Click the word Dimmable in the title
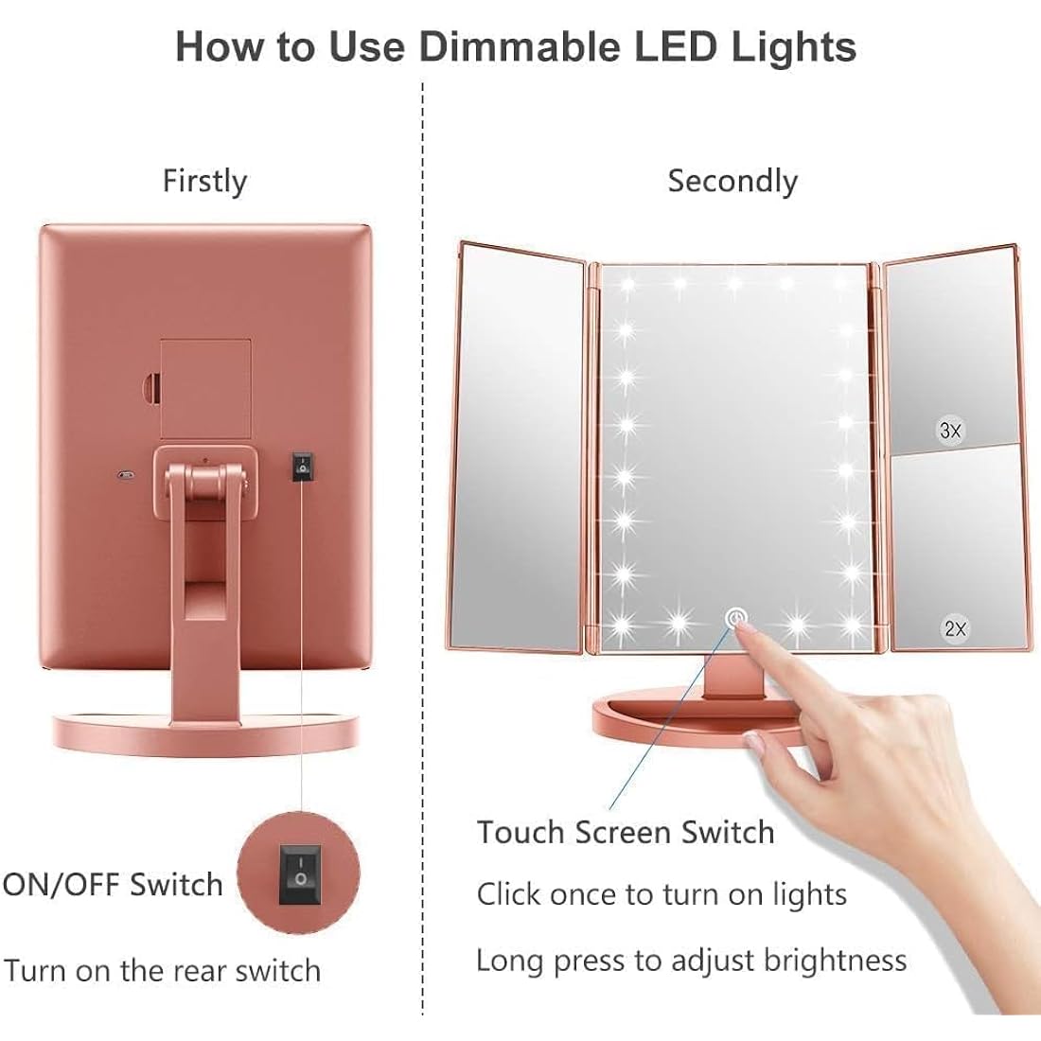click(x=513, y=45)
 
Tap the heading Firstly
click(x=204, y=180)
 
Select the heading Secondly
click(x=732, y=180)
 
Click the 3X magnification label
click(x=950, y=431)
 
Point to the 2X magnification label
click(x=955, y=627)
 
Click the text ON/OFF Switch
click(x=113, y=885)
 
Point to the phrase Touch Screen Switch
click(x=626, y=832)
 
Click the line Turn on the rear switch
click(x=162, y=970)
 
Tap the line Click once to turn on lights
click(x=662, y=894)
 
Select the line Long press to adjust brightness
click(x=691, y=961)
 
